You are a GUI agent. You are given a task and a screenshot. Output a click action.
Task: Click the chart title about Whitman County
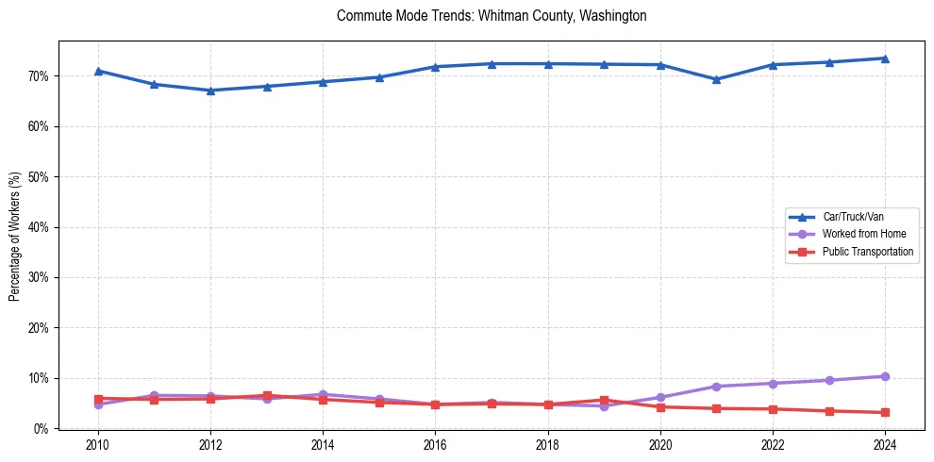point(491,16)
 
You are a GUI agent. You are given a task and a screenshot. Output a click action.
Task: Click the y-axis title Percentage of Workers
point(14,236)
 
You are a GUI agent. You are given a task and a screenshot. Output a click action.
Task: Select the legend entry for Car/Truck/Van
point(853,217)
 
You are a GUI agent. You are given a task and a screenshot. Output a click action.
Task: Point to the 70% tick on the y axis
point(39,76)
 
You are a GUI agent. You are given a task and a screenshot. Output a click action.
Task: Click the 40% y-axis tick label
point(39,227)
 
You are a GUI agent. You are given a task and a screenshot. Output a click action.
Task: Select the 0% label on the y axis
point(42,429)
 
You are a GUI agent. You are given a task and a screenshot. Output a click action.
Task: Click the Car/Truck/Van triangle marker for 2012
point(210,91)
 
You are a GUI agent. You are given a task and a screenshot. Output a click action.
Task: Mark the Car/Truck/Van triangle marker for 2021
point(716,79)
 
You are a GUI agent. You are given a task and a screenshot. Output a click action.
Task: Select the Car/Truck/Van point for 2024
point(885,58)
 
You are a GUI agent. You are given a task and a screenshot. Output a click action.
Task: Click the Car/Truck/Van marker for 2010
point(98,71)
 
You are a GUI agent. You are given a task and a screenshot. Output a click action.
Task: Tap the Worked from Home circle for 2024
point(885,376)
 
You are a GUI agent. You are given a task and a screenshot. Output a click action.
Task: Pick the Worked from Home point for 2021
point(716,387)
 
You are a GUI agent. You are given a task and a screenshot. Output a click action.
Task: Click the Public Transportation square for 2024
point(885,412)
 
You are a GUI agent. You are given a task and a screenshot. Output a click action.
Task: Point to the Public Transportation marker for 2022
point(773,409)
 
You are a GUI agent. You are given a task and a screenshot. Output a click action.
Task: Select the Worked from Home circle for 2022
point(773,384)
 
